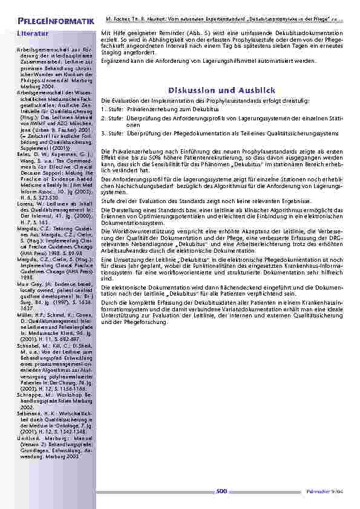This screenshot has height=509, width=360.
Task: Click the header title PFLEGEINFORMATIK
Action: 56,22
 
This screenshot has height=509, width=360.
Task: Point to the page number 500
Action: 222,491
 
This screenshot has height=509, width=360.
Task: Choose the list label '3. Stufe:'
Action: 112,132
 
